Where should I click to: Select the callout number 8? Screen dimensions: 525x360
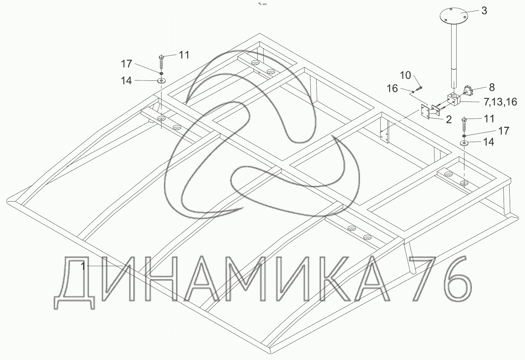[x=492, y=87]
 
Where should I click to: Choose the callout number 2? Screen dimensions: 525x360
[x=448, y=120]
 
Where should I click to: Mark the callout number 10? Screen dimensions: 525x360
[x=406, y=75]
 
